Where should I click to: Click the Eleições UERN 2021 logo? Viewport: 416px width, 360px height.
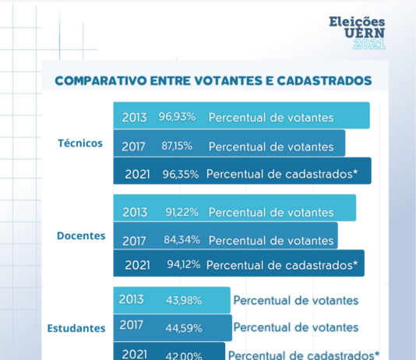(357, 33)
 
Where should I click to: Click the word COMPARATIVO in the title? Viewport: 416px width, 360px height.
(100, 80)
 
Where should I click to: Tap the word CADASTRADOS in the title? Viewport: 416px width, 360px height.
(324, 80)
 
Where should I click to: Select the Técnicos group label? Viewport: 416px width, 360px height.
(80, 143)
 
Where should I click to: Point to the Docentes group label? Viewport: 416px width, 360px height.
(81, 235)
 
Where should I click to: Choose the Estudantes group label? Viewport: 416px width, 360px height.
(76, 328)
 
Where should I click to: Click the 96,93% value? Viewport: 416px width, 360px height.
(177, 117)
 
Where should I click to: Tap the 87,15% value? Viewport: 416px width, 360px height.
(177, 146)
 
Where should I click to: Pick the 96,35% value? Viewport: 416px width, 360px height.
(181, 175)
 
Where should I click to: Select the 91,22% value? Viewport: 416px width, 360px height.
(182, 212)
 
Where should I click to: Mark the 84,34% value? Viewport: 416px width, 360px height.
(182, 240)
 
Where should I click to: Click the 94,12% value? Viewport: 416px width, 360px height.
(184, 264)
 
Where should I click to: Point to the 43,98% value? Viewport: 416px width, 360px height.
(184, 300)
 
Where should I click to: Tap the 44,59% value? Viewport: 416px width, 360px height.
(184, 328)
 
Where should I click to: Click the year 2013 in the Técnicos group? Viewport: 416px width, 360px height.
(134, 118)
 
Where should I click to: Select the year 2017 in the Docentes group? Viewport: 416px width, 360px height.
(134, 241)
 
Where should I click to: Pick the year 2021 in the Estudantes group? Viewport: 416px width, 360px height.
(135, 355)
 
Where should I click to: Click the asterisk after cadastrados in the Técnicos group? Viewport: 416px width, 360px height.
(355, 172)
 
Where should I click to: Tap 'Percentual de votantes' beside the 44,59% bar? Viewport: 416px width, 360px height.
(296, 327)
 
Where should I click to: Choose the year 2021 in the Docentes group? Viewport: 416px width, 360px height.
(137, 265)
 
